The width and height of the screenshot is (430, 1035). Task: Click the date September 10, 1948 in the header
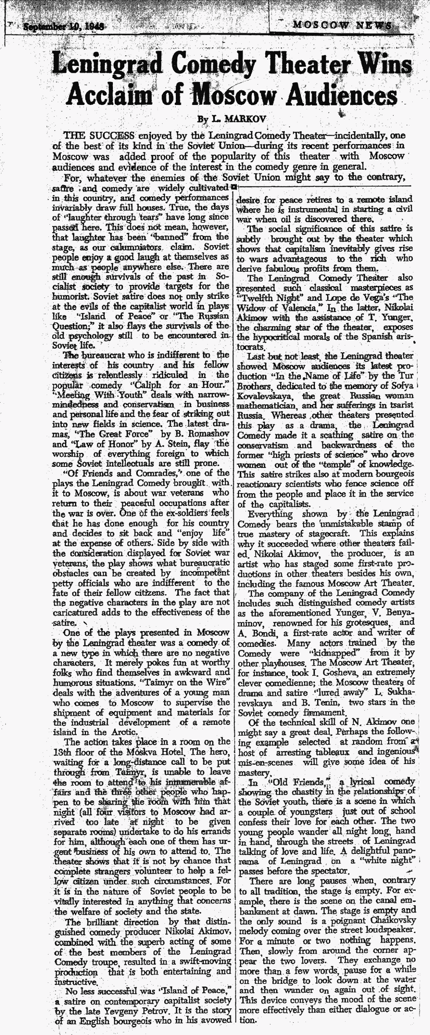[x=64, y=27]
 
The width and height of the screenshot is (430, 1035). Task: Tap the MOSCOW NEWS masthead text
[x=343, y=25]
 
